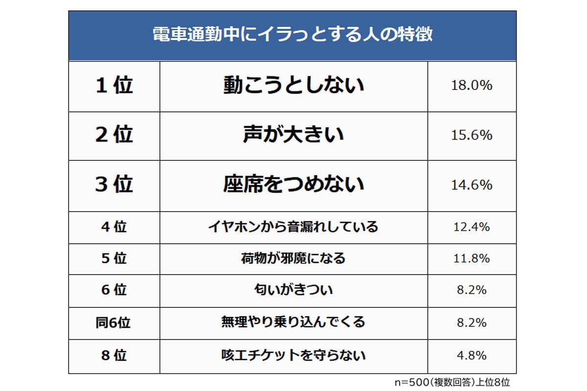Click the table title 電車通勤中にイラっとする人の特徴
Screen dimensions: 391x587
point(292,36)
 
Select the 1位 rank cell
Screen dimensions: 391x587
point(114,86)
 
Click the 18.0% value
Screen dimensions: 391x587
point(472,86)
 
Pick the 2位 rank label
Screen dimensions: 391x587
point(114,135)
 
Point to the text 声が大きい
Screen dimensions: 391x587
point(293,135)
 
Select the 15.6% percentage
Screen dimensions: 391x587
point(472,135)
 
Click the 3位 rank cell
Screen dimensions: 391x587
point(114,185)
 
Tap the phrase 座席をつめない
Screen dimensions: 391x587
point(293,185)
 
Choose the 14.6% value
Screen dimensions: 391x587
point(472,185)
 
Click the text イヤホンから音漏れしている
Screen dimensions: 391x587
point(293,227)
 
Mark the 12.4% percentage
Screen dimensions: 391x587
point(472,227)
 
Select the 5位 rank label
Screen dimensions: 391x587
point(114,259)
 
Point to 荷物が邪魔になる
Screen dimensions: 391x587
point(293,259)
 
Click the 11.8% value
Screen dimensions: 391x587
point(472,259)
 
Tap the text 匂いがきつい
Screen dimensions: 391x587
point(293,290)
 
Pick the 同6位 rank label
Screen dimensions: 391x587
point(113,323)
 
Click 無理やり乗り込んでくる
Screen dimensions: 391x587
point(293,323)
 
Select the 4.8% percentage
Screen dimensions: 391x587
point(472,355)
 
